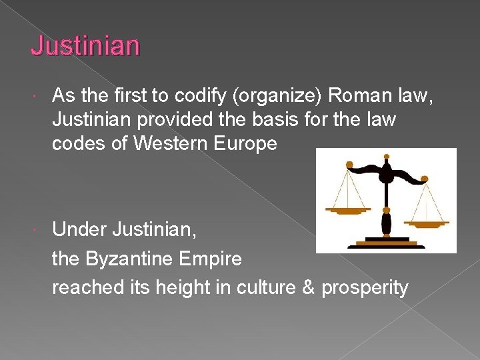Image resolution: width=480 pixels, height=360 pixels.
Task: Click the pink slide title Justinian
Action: click(85, 46)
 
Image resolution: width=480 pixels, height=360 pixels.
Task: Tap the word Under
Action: click(79, 230)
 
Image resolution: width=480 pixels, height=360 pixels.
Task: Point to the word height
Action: click(178, 288)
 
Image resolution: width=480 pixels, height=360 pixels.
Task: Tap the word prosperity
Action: click(365, 288)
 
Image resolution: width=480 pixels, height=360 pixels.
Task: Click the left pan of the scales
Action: click(347, 210)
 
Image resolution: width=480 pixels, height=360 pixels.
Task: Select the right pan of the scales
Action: click(427, 223)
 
